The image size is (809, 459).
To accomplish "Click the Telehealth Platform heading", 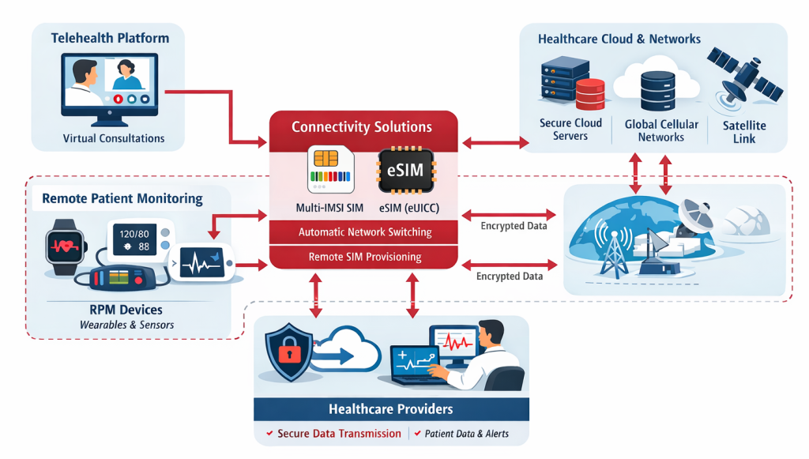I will tap(110, 38).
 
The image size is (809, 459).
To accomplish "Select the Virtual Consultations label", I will tap(114, 138).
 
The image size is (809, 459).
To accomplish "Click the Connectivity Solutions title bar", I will tap(362, 127).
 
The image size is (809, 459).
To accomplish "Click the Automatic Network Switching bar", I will tap(364, 232).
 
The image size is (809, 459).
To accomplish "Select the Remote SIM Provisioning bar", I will tap(364, 257).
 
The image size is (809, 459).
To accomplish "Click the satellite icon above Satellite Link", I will tap(743, 73).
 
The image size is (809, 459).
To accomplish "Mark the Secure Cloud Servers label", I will tap(570, 130).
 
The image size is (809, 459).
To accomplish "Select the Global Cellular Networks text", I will tap(661, 130).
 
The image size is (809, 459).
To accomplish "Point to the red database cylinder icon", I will tap(589, 93).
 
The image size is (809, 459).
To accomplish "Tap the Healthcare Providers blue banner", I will tap(391, 409).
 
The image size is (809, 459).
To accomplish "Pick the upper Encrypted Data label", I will tap(513, 226).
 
